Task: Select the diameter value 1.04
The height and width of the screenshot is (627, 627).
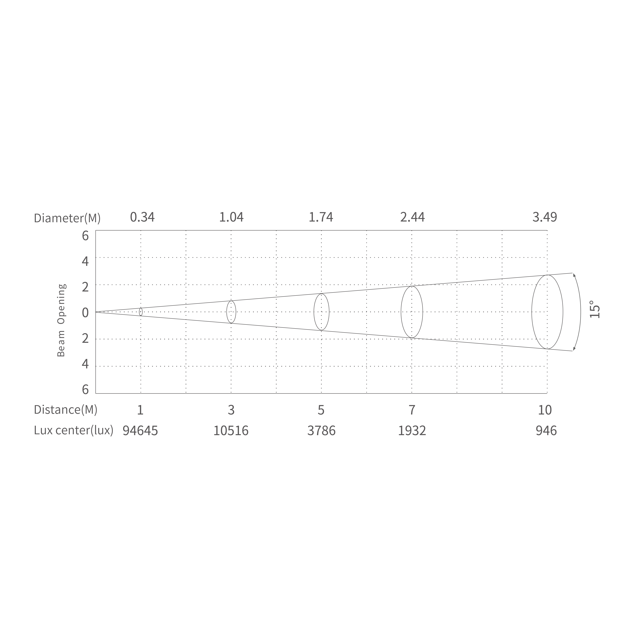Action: click(x=231, y=217)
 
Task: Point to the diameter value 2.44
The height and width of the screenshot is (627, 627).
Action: click(x=413, y=217)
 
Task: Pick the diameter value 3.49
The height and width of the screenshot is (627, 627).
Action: click(x=545, y=217)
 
